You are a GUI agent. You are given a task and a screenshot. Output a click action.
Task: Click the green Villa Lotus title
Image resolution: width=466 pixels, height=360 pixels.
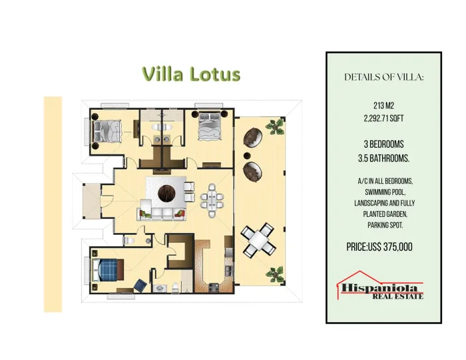point(192,74)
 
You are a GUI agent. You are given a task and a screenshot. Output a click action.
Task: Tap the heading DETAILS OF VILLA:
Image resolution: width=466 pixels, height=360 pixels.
point(383,77)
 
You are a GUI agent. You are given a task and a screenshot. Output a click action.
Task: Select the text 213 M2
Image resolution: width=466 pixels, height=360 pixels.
point(383,105)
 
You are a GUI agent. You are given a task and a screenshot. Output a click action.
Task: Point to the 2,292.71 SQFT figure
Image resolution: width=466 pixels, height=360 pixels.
point(383,118)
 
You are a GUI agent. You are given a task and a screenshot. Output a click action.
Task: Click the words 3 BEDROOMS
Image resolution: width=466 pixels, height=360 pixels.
point(383,144)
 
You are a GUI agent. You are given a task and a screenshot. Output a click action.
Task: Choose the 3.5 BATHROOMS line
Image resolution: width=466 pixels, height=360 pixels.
point(383,158)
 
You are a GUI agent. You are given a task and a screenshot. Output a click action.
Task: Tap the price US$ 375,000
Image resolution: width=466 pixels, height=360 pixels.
point(379,247)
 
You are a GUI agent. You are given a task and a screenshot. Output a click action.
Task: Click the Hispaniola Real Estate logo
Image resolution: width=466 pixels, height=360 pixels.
point(380,285)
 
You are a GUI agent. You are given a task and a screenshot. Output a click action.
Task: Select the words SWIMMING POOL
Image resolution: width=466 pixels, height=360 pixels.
point(385,192)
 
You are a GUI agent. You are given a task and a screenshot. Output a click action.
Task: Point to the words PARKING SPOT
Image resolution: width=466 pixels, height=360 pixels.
point(385,225)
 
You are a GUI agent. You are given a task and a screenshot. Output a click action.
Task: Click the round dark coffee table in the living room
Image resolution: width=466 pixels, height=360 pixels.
point(166,193)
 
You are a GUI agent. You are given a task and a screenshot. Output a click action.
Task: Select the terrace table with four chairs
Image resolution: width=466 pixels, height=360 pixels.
point(258,240)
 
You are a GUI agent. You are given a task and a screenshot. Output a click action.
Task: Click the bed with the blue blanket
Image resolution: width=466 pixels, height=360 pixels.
point(108,270)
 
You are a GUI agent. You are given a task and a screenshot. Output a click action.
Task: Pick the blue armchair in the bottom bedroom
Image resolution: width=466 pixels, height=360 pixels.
point(140,285)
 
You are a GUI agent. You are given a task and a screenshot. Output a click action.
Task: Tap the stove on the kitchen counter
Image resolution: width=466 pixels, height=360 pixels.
point(214,287)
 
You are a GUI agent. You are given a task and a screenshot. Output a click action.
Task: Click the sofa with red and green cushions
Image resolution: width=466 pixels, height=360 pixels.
point(162,213)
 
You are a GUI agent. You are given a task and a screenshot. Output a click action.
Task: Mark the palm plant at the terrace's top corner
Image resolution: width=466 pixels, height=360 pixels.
point(275,127)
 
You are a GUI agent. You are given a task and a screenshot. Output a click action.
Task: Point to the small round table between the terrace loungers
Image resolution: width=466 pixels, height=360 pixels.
point(247,155)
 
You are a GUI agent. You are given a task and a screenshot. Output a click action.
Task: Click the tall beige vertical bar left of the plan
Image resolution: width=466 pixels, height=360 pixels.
point(53,204)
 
